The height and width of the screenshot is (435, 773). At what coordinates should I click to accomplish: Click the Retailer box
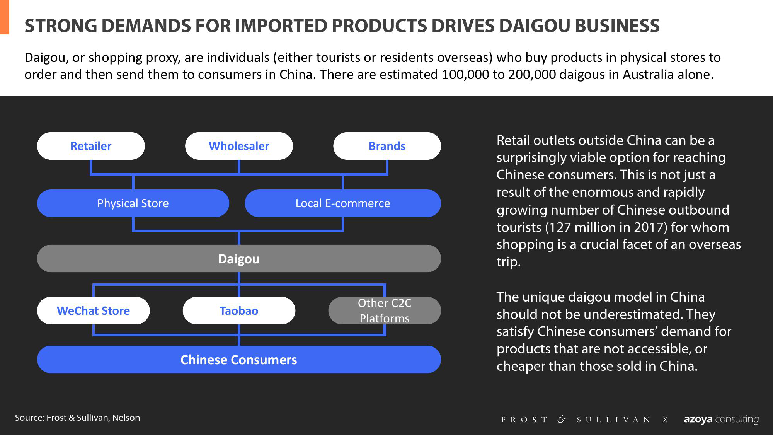click(91, 146)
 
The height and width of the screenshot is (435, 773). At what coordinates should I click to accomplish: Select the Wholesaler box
click(239, 146)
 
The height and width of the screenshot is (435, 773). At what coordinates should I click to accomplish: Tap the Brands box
click(387, 146)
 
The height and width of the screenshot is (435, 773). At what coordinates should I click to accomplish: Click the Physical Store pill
click(133, 203)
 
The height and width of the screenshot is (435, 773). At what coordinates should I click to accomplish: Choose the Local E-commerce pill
click(343, 203)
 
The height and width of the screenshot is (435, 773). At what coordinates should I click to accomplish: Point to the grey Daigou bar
click(239, 258)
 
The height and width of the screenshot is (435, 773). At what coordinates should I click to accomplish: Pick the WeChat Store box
click(93, 310)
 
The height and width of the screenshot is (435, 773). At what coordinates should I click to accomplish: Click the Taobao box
click(239, 310)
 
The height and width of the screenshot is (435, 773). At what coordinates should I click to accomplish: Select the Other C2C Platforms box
click(385, 310)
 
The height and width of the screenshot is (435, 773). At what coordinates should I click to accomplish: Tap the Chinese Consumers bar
click(239, 359)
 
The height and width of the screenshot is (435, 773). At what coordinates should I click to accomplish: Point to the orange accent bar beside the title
click(5, 17)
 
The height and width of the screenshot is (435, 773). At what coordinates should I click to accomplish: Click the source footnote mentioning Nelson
click(77, 418)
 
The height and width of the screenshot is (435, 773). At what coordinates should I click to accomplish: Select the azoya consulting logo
click(721, 419)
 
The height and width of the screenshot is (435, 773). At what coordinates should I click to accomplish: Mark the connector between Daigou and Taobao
click(239, 285)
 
